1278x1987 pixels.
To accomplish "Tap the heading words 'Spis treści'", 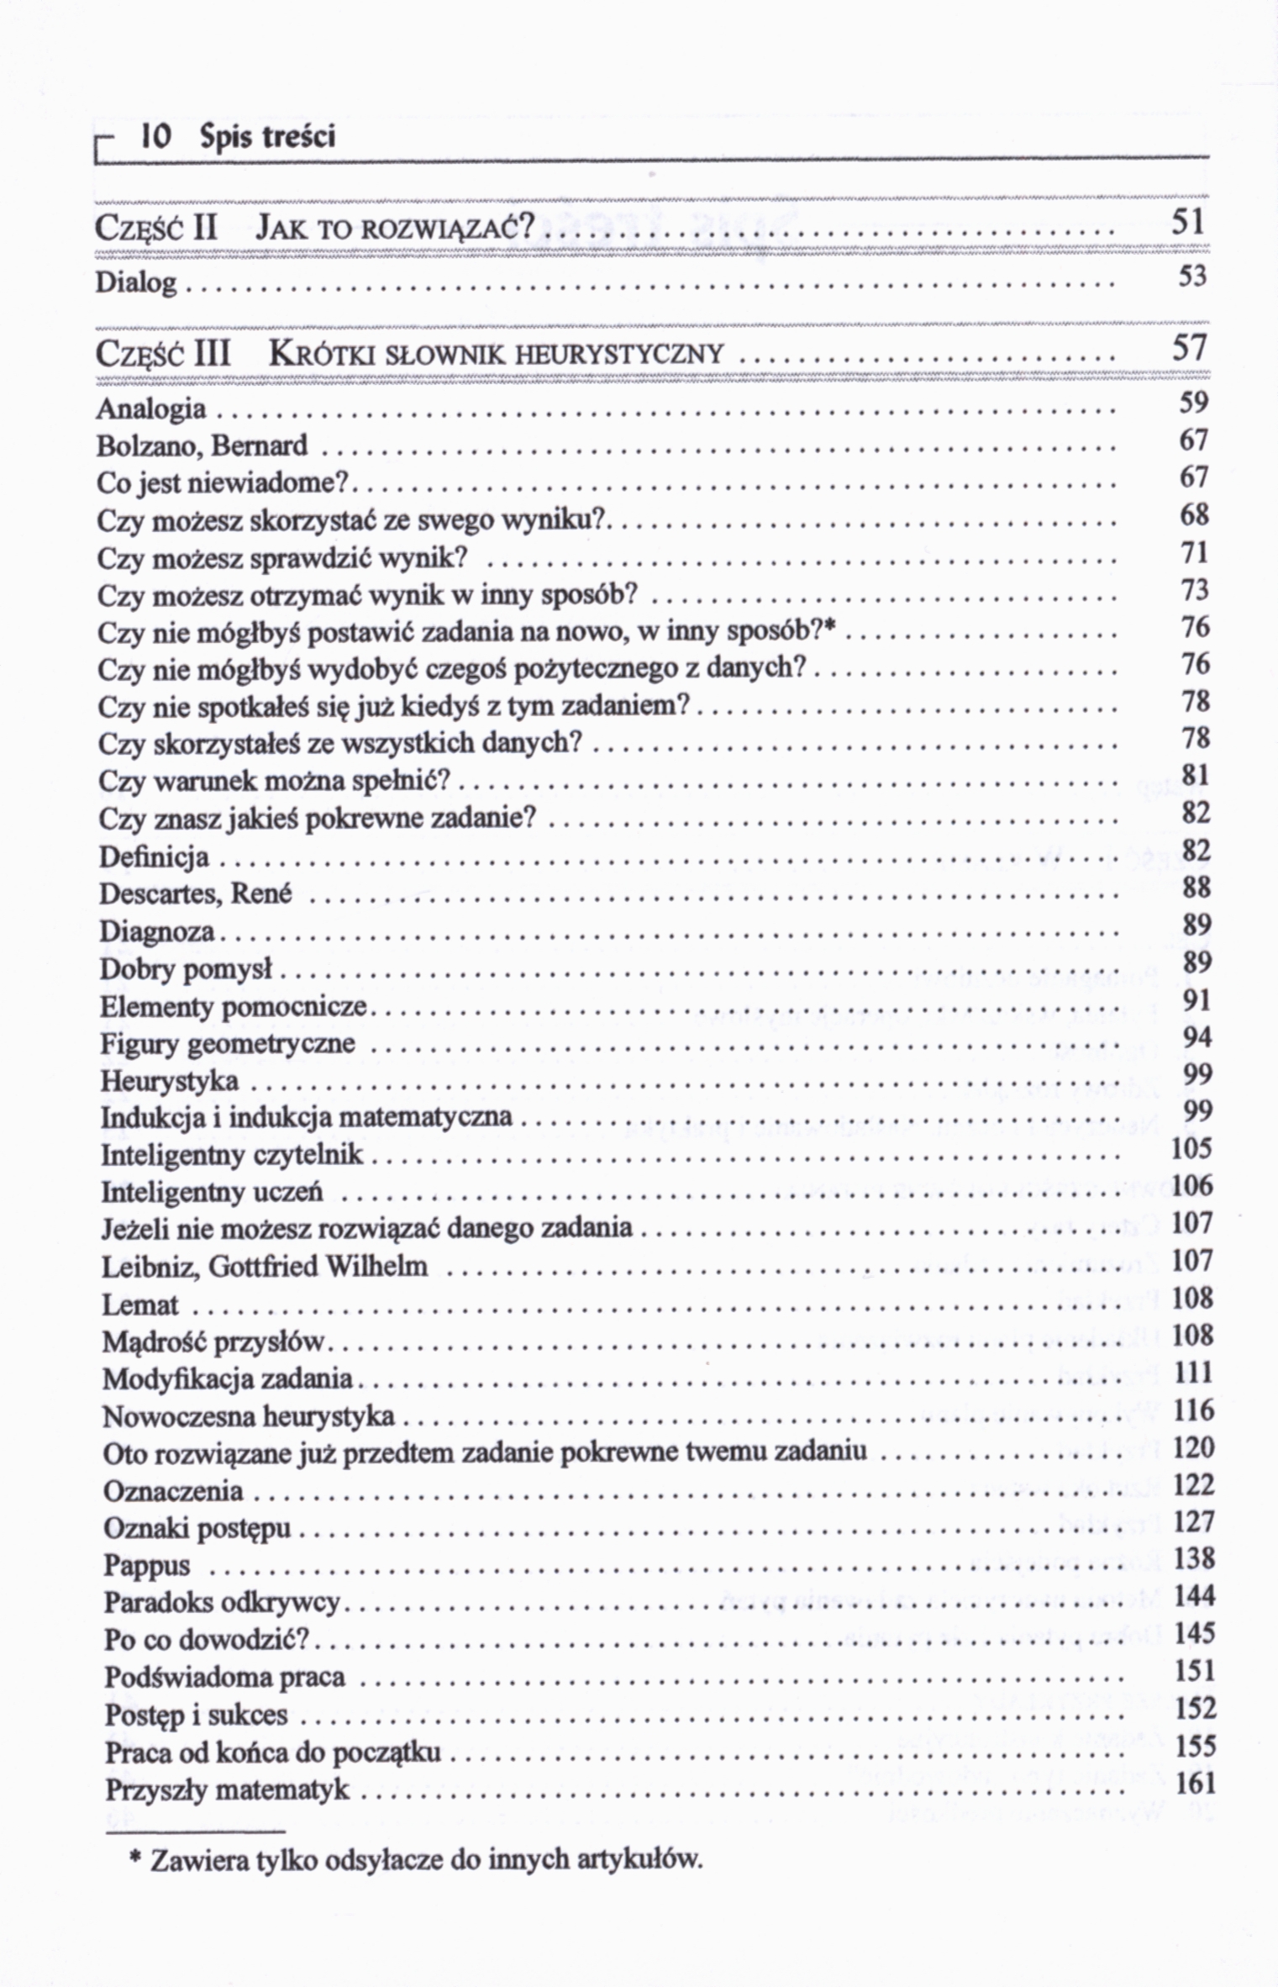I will click(x=267, y=137).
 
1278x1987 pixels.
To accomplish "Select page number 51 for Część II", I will click(x=1189, y=223).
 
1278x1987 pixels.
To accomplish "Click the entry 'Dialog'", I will click(x=136, y=282).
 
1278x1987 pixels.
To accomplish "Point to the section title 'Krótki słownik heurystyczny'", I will click(x=495, y=354).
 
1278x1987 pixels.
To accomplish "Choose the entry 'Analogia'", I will click(x=151, y=409).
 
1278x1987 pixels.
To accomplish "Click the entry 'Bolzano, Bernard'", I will click(x=202, y=445).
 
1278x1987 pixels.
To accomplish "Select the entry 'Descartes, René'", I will click(x=196, y=893).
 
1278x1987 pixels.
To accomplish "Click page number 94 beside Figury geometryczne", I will click(x=1196, y=1037).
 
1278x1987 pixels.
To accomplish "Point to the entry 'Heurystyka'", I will click(x=170, y=1081).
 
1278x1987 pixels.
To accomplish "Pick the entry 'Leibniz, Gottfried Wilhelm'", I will click(x=265, y=1267).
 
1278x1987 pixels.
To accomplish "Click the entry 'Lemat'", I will click(x=140, y=1304).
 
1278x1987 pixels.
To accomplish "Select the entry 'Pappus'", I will click(x=147, y=1566).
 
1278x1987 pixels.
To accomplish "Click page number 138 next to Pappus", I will click(x=1194, y=1559).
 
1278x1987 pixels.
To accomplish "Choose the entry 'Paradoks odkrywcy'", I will click(x=222, y=1603).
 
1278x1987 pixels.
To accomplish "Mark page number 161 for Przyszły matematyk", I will click(x=1195, y=1783).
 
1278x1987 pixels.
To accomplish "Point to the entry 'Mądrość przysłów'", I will click(x=213, y=1342).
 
